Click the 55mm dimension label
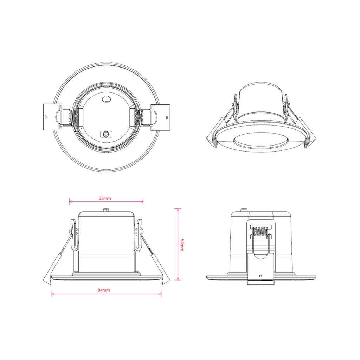pyautogui.click(x=105, y=198)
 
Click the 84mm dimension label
pyautogui.click(x=104, y=290)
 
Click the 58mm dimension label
pyautogui.click(x=182, y=245)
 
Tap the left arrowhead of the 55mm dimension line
pyautogui.click(x=71, y=201)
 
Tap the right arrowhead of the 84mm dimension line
pyautogui.click(x=160, y=294)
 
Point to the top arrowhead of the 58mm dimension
pyautogui.click(x=178, y=210)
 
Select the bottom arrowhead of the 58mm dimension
pyautogui.click(x=178, y=278)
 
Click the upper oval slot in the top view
pyautogui.click(x=106, y=99)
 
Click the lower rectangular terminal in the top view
pyautogui.click(x=106, y=134)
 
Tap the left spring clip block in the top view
pyautogui.click(x=52, y=117)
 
